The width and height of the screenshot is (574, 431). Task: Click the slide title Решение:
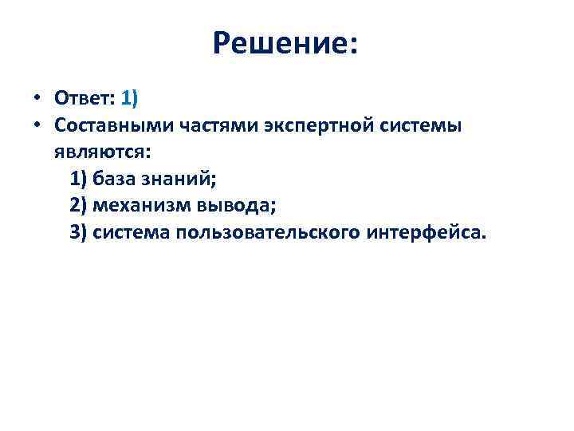[286, 44]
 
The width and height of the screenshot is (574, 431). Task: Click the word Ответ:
[85, 98]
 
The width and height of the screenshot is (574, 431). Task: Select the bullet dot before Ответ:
[37, 99]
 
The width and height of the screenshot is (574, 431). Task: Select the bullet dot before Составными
[37, 126]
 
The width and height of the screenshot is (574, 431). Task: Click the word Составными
[107, 126]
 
